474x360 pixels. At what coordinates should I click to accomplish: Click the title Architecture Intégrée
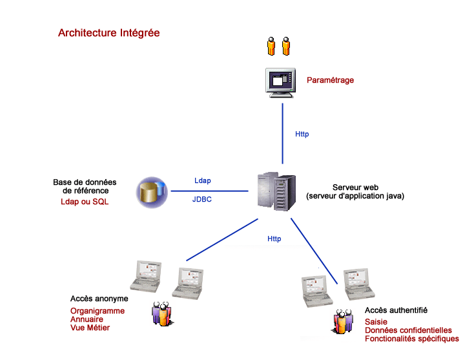pos(109,33)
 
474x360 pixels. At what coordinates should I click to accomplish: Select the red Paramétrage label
pos(330,80)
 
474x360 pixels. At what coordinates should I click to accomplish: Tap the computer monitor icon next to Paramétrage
pos(280,83)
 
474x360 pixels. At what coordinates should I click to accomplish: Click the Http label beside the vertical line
pos(302,134)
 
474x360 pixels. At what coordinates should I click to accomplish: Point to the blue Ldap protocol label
pos(203,180)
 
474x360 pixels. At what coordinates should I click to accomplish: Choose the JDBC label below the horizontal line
pos(202,199)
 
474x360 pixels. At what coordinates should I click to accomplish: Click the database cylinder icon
pos(152,193)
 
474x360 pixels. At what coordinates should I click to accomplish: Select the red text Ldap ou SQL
pos(85,202)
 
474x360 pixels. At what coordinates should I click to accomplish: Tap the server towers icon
pos(276,191)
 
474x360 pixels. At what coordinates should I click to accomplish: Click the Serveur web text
pos(355,187)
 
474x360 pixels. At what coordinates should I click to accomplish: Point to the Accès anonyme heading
pos(99,299)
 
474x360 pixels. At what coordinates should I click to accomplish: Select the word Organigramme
pos(98,311)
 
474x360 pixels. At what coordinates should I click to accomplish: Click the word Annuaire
pos(87,319)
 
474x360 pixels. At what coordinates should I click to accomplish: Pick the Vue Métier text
pos(90,328)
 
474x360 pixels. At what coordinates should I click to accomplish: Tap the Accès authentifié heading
pos(396,310)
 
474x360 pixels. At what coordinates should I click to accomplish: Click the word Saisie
pos(376,322)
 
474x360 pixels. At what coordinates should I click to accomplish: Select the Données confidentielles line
pos(408,330)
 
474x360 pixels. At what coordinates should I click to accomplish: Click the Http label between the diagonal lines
pos(274,238)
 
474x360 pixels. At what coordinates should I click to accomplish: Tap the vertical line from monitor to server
pos(283,133)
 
